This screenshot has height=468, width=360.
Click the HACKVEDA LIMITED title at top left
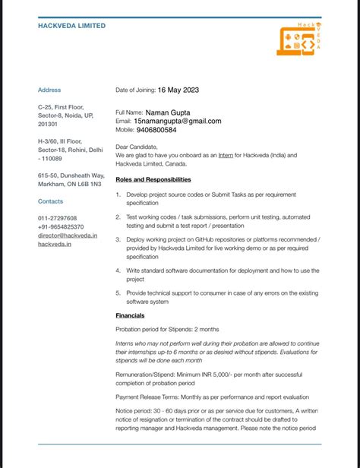click(x=71, y=26)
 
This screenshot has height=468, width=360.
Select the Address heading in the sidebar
click(x=49, y=90)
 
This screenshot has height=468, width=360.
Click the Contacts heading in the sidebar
click(x=51, y=201)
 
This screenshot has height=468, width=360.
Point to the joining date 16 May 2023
click(x=178, y=90)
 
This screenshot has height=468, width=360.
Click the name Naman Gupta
click(x=168, y=112)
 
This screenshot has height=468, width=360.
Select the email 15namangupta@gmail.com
click(x=178, y=121)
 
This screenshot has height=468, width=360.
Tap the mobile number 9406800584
click(x=156, y=130)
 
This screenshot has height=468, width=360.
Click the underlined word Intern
click(x=226, y=155)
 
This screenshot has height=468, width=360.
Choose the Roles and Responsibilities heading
click(x=153, y=179)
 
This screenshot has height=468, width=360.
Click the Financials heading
click(x=130, y=315)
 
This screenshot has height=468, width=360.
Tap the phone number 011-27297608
click(x=58, y=218)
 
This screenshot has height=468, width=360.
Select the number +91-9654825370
click(x=61, y=227)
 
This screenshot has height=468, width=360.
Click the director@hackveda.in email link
click(x=68, y=236)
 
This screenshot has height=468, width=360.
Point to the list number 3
click(x=118, y=239)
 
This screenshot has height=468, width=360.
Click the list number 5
click(x=118, y=292)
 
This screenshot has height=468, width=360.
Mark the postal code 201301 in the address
click(x=47, y=124)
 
